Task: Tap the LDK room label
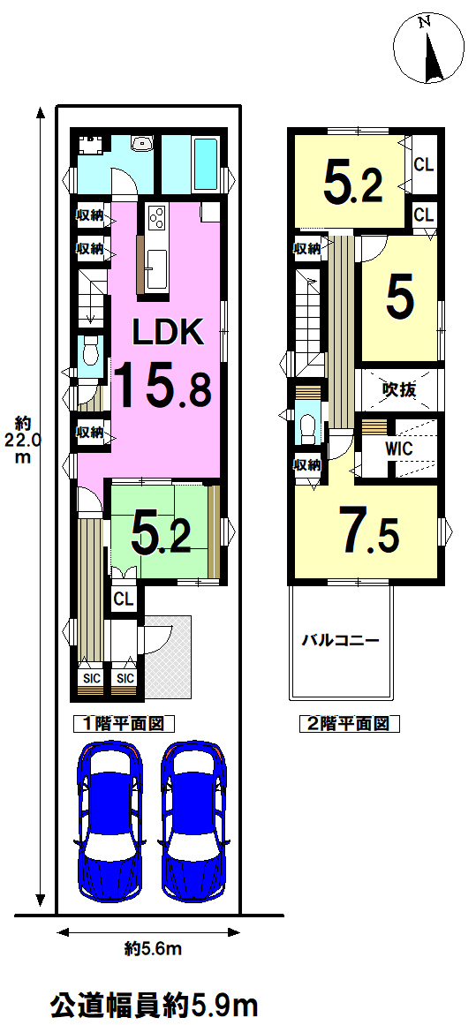tap(169, 333)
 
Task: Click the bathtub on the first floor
tap(208, 164)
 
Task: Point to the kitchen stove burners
tap(158, 218)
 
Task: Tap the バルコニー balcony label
tap(340, 641)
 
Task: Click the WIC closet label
tap(399, 448)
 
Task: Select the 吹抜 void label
tap(399, 390)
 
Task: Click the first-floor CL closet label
tap(122, 598)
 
